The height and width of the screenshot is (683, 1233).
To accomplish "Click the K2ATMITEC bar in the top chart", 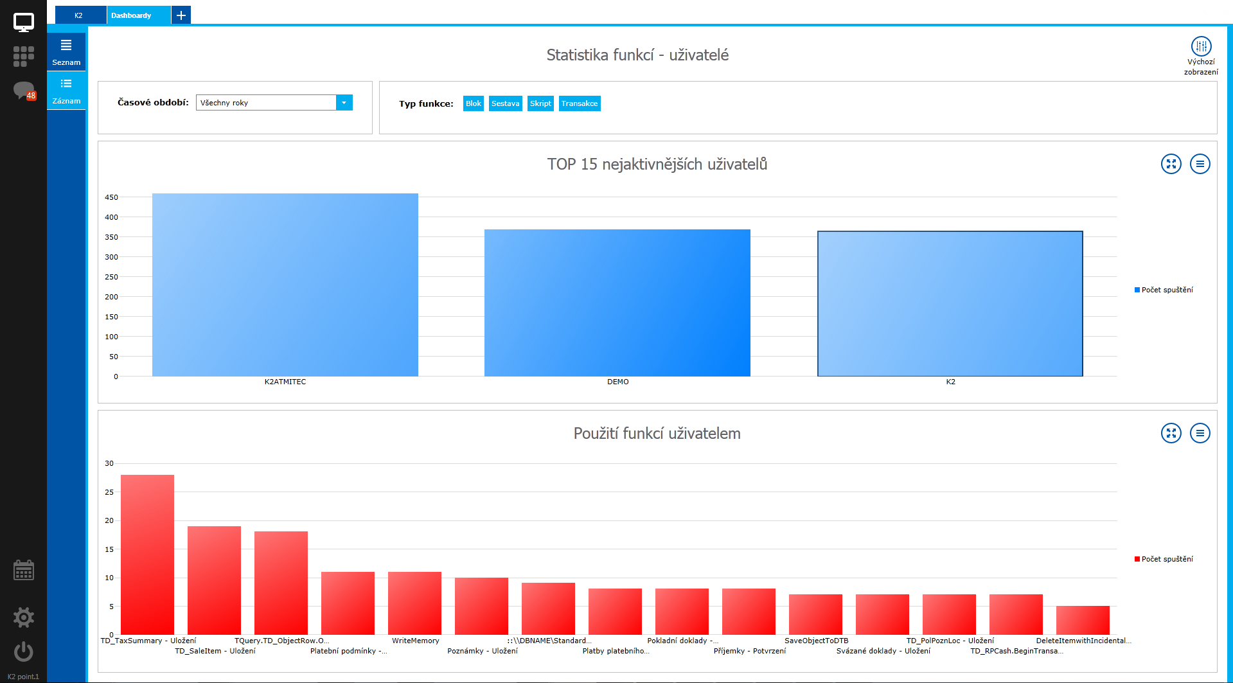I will pos(285,285).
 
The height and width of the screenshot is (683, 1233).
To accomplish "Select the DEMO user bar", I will pos(617,303).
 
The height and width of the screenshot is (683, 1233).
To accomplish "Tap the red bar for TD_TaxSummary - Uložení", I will pos(147,554).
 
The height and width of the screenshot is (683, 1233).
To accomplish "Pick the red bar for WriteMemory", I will pos(414,603).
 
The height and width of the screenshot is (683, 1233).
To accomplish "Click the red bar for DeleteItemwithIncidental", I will pos(1083,620).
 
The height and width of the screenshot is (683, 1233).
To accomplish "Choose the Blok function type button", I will pos(474,103).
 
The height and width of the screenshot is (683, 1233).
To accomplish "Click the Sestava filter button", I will pos(505,103).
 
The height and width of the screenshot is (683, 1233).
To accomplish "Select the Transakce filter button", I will pos(580,103).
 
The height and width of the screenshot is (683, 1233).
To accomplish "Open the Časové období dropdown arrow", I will pos(344,103).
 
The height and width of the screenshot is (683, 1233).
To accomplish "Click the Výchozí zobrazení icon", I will pos(1201,47).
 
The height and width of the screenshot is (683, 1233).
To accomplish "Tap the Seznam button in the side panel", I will pos(66,52).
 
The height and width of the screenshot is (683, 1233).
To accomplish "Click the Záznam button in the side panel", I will pos(66,91).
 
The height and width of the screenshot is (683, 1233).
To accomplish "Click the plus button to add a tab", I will pos(181,15).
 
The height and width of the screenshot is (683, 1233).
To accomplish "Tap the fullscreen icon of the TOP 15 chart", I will pos(1171,164).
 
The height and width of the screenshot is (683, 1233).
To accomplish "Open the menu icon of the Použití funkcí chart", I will pos(1200,433).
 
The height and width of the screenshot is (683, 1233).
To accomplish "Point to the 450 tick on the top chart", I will pos(112,197).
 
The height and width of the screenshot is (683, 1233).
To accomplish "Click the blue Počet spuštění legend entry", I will pos(1164,290).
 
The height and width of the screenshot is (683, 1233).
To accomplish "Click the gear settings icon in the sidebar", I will pos(24,617).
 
